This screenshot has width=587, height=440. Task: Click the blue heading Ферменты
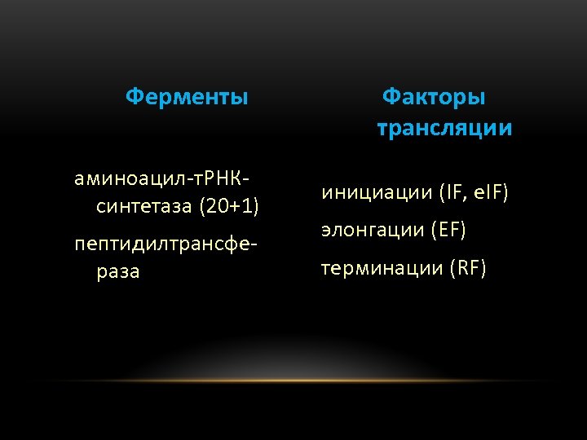(x=187, y=98)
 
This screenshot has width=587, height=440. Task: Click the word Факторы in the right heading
(x=434, y=98)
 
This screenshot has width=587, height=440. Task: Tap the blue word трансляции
(x=445, y=129)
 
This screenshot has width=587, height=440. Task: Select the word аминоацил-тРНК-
(x=162, y=178)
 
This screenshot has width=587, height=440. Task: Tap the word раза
(x=118, y=272)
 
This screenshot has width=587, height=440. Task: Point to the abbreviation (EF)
(x=448, y=231)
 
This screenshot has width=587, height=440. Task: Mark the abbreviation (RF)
(x=467, y=268)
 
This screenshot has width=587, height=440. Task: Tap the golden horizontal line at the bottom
(x=293, y=381)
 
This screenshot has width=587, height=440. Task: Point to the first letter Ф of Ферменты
(x=134, y=98)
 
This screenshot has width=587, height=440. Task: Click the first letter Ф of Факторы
(x=391, y=98)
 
